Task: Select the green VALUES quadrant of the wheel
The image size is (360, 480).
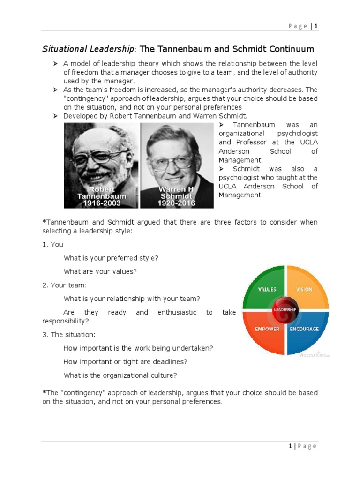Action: [x=265, y=287]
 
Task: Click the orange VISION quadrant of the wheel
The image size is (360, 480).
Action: [x=305, y=287]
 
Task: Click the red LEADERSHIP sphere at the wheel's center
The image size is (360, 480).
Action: [x=285, y=310]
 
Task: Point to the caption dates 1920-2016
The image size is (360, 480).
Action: [x=177, y=203]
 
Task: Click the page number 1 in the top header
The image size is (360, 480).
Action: [x=316, y=26]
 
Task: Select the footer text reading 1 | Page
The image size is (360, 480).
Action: [x=302, y=446]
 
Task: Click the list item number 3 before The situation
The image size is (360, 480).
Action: [x=45, y=335]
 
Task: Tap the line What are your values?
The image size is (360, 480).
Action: [x=103, y=271]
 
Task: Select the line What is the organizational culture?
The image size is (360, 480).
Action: [x=120, y=375]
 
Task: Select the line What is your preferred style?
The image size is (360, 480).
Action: [x=111, y=258]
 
